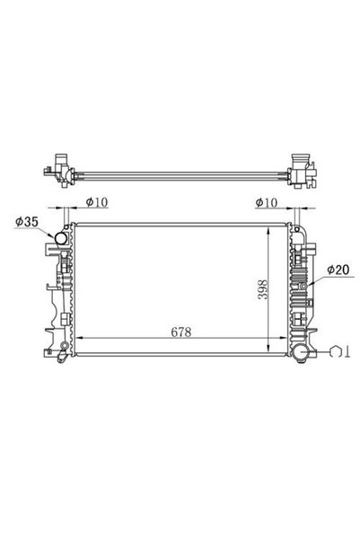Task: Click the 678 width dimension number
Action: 181,332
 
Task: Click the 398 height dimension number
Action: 263,289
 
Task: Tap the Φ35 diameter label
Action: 27,222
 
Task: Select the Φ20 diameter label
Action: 338,270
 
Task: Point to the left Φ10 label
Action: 97,202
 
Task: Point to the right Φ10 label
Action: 266,202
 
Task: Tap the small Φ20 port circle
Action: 303,287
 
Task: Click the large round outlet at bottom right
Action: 302,353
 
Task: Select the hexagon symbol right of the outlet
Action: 335,352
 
